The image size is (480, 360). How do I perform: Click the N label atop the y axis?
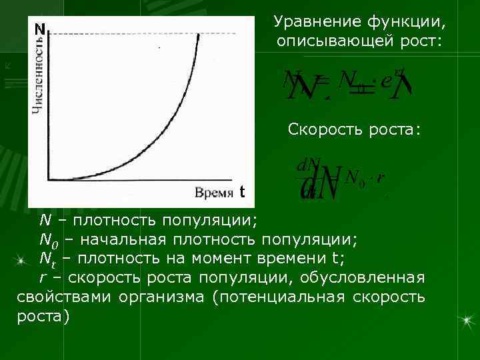pyautogui.click(x=40, y=29)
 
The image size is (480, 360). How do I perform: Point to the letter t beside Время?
pyautogui.click(x=242, y=192)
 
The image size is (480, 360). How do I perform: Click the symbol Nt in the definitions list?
pyautogui.click(x=47, y=258)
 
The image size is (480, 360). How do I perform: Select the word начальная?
pyautogui.click(x=122, y=239)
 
